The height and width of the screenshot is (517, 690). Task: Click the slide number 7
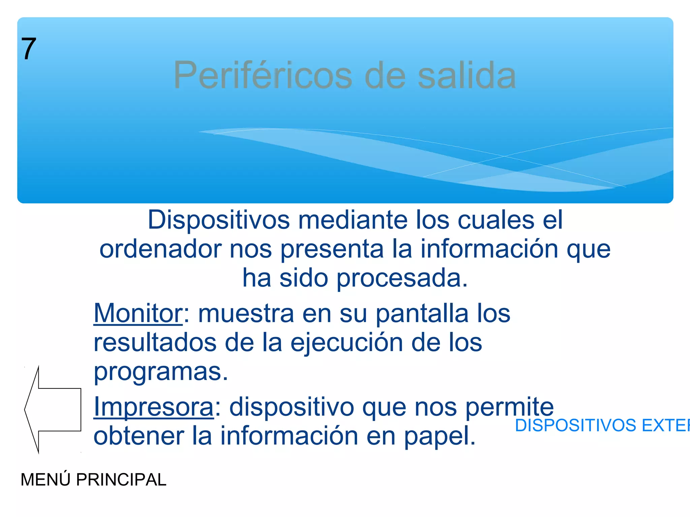pyautogui.click(x=29, y=49)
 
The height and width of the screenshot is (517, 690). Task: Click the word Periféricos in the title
pyautogui.click(x=263, y=75)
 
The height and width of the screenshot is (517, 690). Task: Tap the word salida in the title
pyautogui.click(x=467, y=75)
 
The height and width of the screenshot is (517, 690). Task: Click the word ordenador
pyautogui.click(x=160, y=249)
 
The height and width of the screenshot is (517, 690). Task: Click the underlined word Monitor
pyautogui.click(x=138, y=313)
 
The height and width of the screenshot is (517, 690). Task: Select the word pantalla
pyautogui.click(x=422, y=313)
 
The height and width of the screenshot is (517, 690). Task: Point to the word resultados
pyautogui.click(x=155, y=343)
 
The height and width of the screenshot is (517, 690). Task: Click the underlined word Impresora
pyautogui.click(x=154, y=407)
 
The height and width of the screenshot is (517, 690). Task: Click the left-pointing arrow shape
pyautogui.click(x=54, y=410)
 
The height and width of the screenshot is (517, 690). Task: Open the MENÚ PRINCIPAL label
pyautogui.click(x=93, y=480)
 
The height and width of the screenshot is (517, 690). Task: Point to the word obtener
pyautogui.click(x=138, y=436)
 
